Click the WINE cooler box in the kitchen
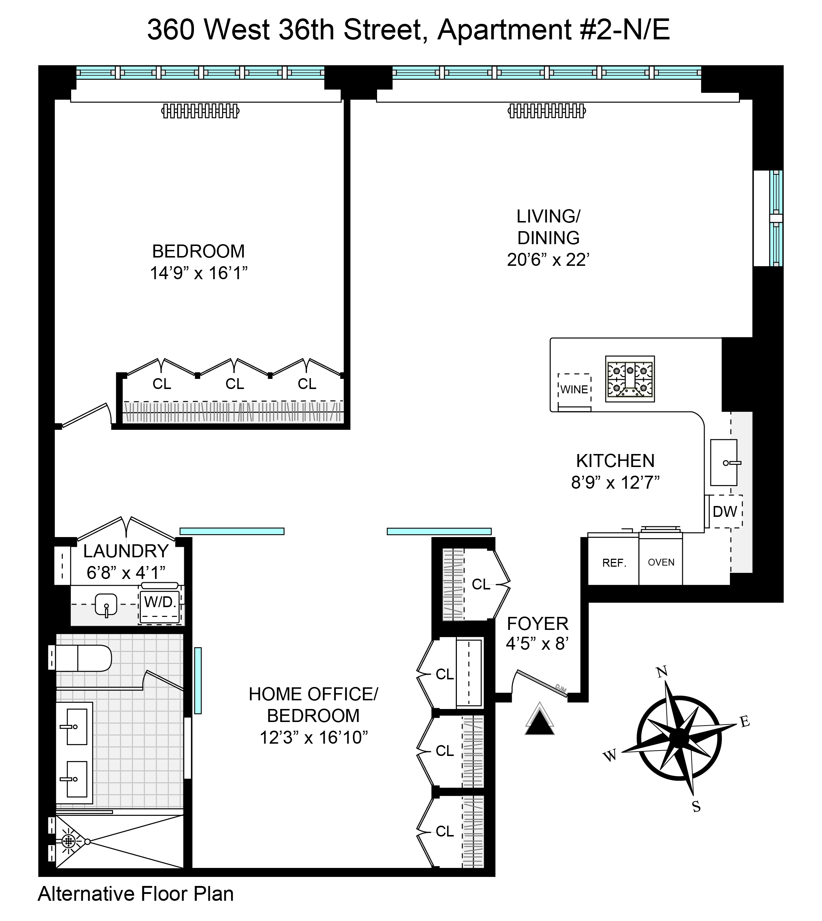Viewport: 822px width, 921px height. point(574,389)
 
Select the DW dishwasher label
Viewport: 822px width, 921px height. point(724,511)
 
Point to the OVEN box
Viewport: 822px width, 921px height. point(661,562)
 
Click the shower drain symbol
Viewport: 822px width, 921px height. point(69,840)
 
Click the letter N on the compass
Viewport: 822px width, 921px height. point(662,672)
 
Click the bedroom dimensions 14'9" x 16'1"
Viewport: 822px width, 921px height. point(199,273)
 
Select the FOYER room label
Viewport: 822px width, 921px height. point(537,624)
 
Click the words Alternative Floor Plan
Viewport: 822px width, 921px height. point(136,894)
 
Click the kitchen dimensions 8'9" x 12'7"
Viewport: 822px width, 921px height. point(615,483)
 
